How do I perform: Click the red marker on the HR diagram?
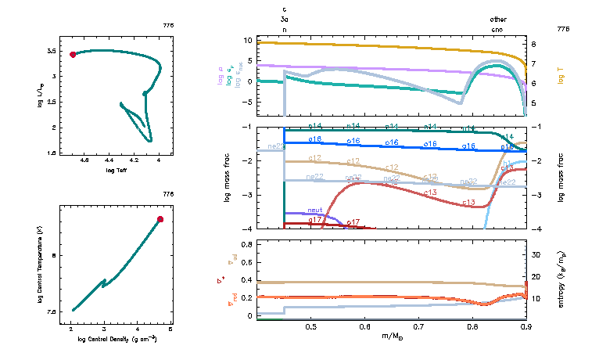73,54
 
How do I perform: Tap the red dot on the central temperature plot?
160,219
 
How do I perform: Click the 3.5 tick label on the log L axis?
51,51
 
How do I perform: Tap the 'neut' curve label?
315,210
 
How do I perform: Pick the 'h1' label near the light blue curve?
506,164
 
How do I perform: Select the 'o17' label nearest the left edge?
315,220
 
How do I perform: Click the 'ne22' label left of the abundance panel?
275,146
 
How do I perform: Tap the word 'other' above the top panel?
498,19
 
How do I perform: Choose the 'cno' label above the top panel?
497,29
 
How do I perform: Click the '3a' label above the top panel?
285,19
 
